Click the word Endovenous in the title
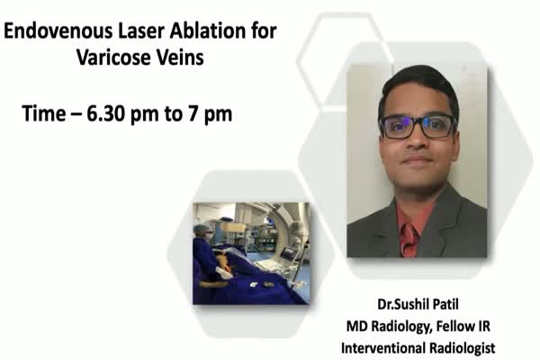pyautogui.click(x=58, y=31)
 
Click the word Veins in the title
pyautogui.click(x=180, y=58)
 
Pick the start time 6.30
pyautogui.click(x=106, y=113)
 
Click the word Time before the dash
pyautogui.click(x=44, y=113)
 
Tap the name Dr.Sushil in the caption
pyautogui.click(x=400, y=304)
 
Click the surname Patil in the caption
pyautogui.click(x=444, y=304)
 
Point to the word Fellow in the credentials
pyautogui.click(x=454, y=326)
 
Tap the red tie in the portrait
pyautogui.click(x=409, y=240)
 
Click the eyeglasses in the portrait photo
pyautogui.click(x=418, y=126)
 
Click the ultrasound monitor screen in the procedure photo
pyautogui.click(x=288, y=254)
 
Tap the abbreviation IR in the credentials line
pyautogui.click(x=482, y=326)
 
